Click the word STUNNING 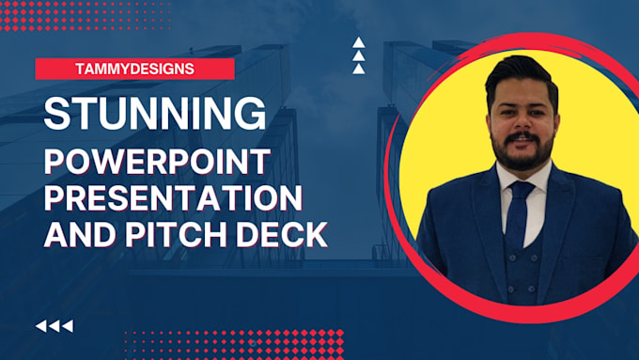tap(154, 113)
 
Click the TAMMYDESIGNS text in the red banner tap(134, 69)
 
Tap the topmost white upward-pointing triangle tap(358, 42)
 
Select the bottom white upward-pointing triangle tap(358, 68)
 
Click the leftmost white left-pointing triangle tap(41, 326)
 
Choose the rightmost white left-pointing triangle tap(67, 326)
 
